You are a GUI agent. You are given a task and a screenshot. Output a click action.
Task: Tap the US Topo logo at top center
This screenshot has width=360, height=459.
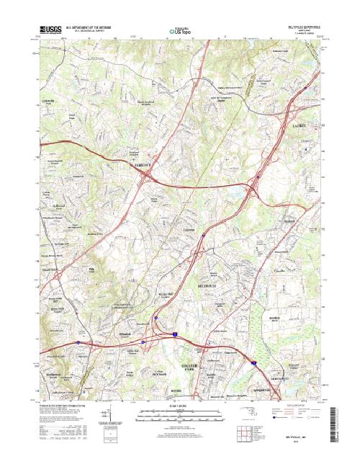pyautogui.click(x=180, y=31)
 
